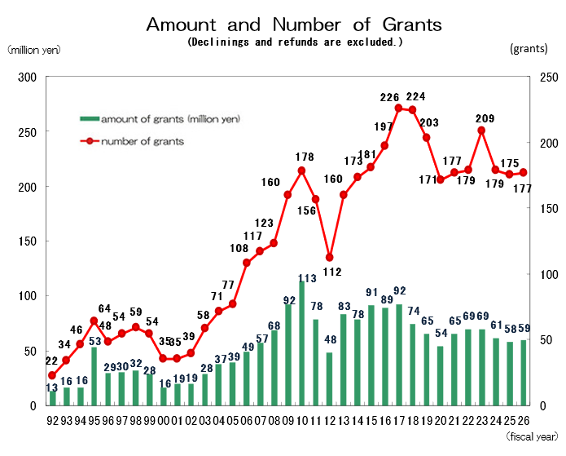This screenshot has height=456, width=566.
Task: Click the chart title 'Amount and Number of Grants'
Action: (x=294, y=24)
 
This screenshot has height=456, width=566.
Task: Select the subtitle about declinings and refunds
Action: (x=294, y=42)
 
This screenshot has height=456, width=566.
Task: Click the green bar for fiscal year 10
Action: (x=302, y=343)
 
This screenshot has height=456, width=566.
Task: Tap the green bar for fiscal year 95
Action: (x=94, y=376)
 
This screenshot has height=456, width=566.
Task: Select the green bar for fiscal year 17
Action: (x=399, y=355)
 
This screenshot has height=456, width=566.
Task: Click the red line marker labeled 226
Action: (x=399, y=108)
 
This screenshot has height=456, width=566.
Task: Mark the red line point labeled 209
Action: (x=481, y=130)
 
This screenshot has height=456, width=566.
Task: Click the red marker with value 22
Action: (x=52, y=375)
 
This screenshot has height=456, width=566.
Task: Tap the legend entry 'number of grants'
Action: (x=143, y=141)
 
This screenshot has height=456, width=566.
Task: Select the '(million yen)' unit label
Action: (x=33, y=50)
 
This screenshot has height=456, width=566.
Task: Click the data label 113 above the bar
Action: (x=307, y=277)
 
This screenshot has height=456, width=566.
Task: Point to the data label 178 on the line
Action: (x=305, y=157)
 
